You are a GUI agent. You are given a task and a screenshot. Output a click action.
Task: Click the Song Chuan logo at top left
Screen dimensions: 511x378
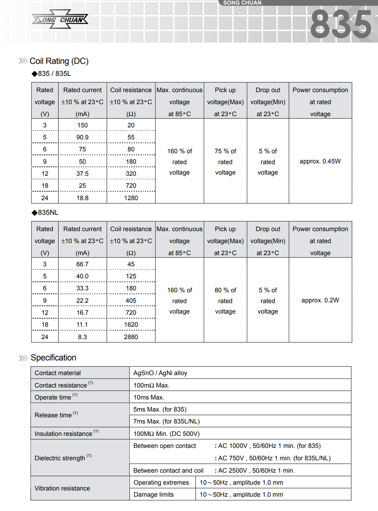point(60,19)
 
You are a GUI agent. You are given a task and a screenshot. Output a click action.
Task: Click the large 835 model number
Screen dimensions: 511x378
point(341,24)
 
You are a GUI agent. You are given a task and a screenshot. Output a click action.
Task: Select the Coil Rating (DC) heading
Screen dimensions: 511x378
point(59,61)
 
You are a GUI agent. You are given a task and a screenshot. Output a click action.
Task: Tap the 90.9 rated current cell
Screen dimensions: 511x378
point(82,137)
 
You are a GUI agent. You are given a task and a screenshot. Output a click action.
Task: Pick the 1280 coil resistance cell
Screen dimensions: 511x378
point(131,198)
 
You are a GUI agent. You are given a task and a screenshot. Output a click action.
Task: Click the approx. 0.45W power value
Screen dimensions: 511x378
point(320,161)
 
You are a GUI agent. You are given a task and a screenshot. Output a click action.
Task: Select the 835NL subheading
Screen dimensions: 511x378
point(48,213)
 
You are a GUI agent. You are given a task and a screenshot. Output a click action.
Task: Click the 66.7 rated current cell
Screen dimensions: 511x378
point(82,264)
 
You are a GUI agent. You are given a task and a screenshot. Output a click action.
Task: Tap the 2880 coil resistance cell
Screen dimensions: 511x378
point(131,337)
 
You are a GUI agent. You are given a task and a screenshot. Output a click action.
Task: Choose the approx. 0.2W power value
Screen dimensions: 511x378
point(320,300)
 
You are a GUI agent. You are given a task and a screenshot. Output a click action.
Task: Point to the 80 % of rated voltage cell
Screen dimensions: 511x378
point(225,301)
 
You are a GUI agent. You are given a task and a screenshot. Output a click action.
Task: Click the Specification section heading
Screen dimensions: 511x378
point(54,358)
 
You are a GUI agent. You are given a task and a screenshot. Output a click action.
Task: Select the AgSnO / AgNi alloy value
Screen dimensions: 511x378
point(160,373)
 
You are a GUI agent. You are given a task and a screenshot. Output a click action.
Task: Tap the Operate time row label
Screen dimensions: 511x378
point(53,398)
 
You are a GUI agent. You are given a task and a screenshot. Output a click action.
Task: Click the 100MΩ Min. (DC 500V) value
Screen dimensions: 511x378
point(166,434)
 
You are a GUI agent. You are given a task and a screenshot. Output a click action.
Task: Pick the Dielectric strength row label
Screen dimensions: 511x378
point(60,458)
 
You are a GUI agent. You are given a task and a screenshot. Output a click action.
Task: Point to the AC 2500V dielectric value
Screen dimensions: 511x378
point(256,470)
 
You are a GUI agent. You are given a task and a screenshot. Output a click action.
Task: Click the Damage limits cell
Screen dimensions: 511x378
point(154,494)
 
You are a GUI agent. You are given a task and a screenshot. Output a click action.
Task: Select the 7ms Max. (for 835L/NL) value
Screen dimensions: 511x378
point(166,421)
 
